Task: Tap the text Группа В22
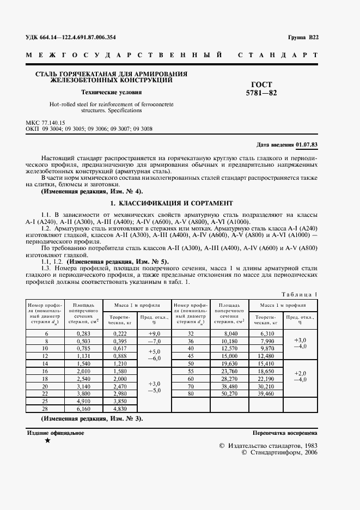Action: [x=303, y=38]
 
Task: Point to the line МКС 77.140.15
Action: [x=45, y=124]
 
